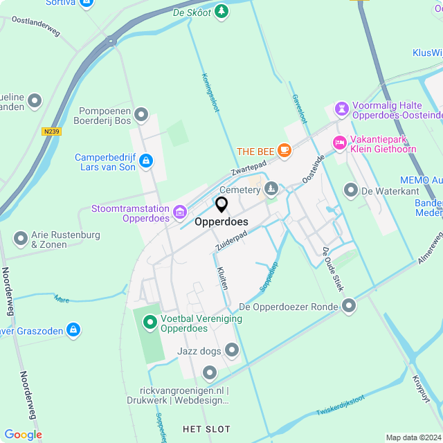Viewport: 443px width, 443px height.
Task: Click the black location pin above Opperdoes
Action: [x=221, y=205]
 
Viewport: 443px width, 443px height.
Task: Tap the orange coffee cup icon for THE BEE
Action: [x=284, y=150]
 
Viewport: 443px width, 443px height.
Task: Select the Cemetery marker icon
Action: [x=271, y=188]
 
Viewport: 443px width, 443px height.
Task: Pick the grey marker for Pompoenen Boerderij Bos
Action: [x=142, y=114]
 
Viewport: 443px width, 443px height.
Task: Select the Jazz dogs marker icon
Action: [x=232, y=350]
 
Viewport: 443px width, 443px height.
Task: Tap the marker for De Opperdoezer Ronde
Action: [x=349, y=305]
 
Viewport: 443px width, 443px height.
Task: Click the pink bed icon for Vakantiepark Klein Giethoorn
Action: [x=339, y=142]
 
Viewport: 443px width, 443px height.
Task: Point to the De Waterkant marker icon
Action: [x=351, y=189]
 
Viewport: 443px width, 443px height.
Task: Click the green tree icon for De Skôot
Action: [x=221, y=11]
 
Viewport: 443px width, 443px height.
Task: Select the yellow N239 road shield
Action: [x=51, y=131]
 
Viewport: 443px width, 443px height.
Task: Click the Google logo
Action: [x=22, y=435]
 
